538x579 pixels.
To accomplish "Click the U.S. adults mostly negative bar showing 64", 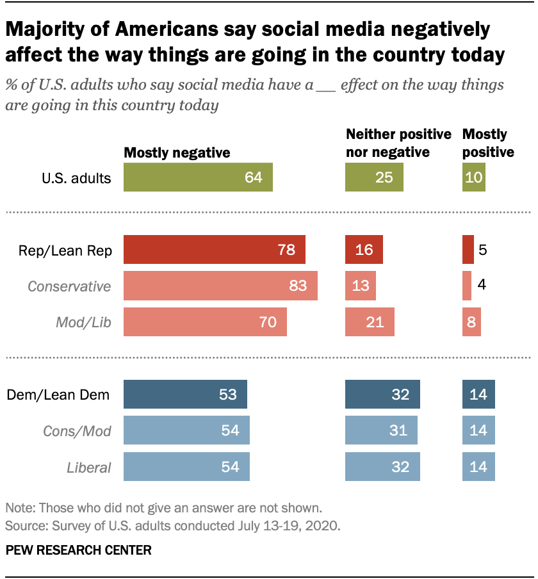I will point(198,177).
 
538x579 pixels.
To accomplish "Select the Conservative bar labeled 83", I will point(220,286).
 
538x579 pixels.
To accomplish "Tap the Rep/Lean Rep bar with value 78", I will point(214,250).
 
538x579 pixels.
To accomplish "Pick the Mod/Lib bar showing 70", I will point(204,322).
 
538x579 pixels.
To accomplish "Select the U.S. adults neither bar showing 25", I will point(374,177).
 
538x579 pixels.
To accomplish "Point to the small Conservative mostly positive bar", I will point(466,286).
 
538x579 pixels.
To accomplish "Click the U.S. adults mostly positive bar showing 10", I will point(473,177).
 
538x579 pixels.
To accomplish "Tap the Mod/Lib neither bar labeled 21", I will point(370,322).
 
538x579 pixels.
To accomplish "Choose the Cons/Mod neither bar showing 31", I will point(381,430).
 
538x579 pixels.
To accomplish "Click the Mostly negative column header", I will point(177,152).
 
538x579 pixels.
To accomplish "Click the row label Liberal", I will point(89,467).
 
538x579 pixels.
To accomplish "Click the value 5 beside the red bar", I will point(483,250).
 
